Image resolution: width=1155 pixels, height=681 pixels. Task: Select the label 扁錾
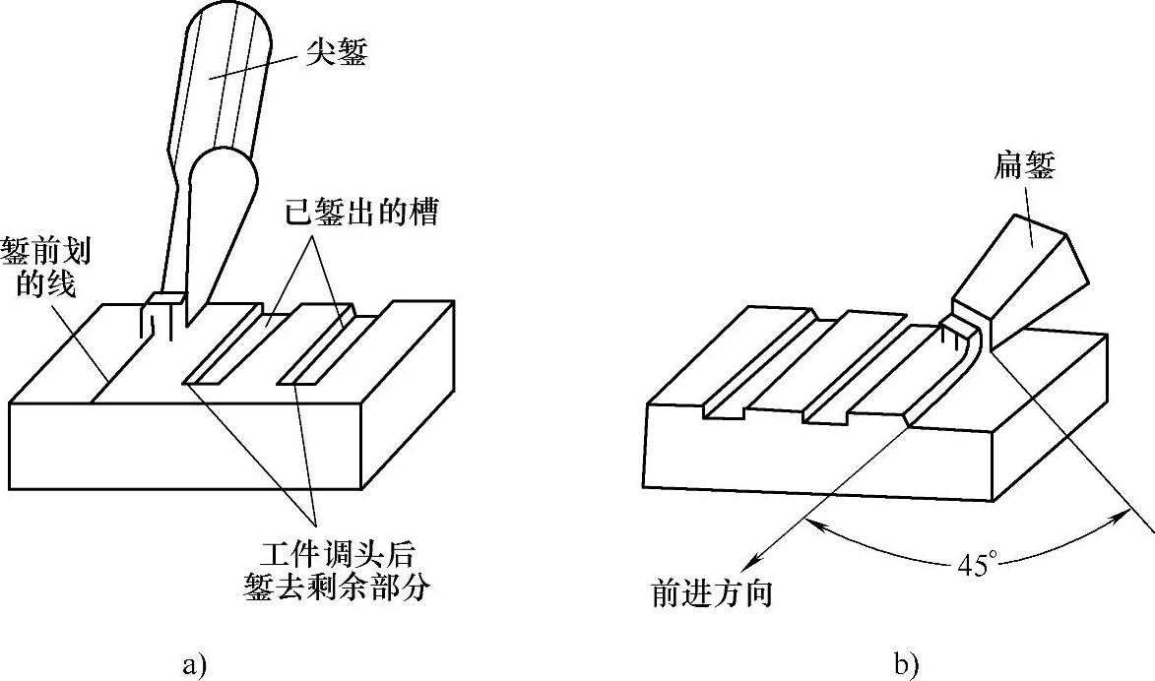point(1024,168)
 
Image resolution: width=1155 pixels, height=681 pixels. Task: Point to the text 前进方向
point(711,593)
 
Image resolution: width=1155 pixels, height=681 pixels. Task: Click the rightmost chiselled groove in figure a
point(325,344)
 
